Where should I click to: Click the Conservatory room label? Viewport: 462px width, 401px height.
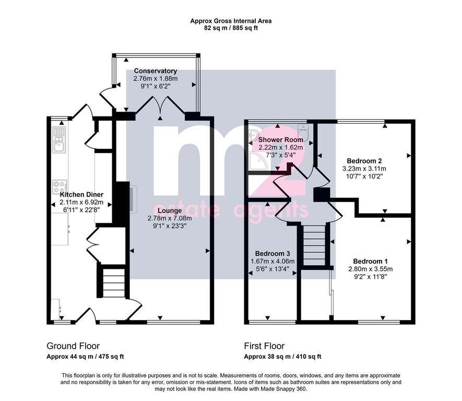pyautogui.click(x=155, y=71)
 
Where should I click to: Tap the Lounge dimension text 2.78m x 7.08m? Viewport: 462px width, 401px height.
pyautogui.click(x=170, y=218)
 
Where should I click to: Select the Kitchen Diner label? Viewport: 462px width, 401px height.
pyautogui.click(x=81, y=194)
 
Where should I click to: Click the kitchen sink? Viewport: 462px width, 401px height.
pyautogui.click(x=60, y=140)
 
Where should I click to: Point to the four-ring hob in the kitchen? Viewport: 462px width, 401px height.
pyautogui.click(x=60, y=187)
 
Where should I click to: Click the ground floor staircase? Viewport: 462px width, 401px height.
pyautogui.click(x=113, y=281)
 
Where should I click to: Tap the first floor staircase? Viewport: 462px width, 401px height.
pyautogui.click(x=315, y=244)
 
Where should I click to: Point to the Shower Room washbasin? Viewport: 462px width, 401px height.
pyautogui.click(x=253, y=135)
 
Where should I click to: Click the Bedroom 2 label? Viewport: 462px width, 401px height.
pyautogui.click(x=364, y=161)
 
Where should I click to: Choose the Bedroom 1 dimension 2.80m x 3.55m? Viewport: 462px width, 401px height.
pyautogui.click(x=370, y=269)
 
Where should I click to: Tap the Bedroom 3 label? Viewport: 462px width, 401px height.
pyautogui.click(x=273, y=253)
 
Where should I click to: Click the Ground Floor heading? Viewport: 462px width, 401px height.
pyautogui.click(x=73, y=346)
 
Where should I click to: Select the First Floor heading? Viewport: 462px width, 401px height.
pyautogui.click(x=264, y=346)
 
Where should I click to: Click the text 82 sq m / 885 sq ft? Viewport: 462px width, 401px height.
pyautogui.click(x=231, y=28)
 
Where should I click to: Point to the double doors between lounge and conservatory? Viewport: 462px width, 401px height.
pyautogui.click(x=160, y=104)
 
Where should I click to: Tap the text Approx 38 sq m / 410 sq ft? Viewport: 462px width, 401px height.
pyautogui.click(x=282, y=357)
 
